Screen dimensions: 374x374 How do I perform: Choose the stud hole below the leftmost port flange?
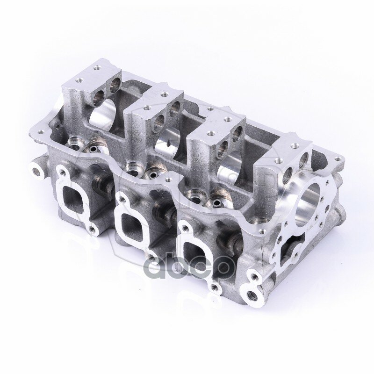tap(94, 229)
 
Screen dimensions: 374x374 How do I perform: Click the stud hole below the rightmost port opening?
tap(214, 286)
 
